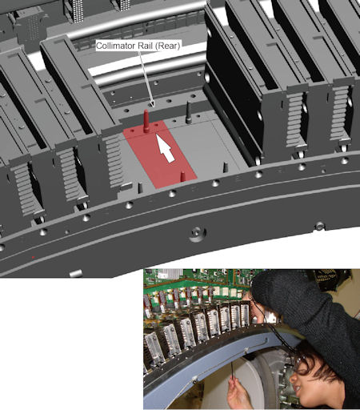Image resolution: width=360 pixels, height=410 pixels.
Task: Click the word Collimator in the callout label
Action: point(115,46)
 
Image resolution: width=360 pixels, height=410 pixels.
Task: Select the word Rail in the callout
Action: point(144,46)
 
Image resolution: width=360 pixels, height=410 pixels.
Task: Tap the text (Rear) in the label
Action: point(167,46)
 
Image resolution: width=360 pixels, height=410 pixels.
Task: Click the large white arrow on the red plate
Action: point(166,149)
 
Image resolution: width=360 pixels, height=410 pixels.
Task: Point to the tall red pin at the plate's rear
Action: point(146,121)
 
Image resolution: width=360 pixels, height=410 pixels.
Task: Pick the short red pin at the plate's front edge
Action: point(183,176)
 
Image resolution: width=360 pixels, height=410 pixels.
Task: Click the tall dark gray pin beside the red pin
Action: point(189,112)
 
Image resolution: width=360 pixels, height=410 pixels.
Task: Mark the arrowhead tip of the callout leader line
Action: point(152,107)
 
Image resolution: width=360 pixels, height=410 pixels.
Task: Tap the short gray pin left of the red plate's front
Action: point(141,187)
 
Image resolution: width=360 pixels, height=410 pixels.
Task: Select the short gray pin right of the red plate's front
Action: point(226,167)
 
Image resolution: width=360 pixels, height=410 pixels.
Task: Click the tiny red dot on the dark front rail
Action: point(33,257)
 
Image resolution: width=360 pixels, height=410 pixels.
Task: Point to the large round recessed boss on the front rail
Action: point(197,234)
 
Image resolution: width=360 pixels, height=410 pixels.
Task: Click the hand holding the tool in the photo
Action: point(238,392)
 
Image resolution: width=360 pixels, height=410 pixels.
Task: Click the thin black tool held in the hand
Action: point(233,372)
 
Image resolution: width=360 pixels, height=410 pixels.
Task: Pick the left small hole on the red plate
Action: point(133,131)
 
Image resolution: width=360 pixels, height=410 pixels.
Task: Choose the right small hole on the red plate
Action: point(157,125)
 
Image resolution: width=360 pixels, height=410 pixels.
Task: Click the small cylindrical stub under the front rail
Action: point(75,274)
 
